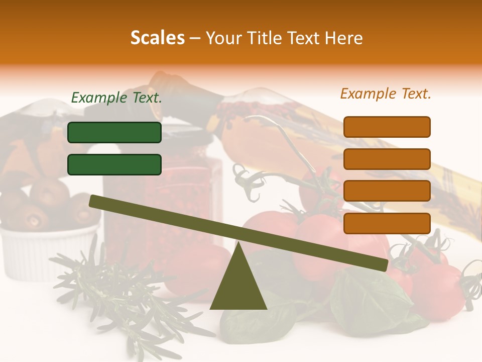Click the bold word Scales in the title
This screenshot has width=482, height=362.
[157, 38]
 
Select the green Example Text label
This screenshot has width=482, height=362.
[116, 98]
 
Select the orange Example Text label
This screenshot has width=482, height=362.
[386, 94]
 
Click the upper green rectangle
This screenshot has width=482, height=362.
[114, 132]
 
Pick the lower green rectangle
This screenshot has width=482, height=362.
[114, 164]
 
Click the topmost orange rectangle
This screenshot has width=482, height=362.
[387, 127]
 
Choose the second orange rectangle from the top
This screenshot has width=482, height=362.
[387, 159]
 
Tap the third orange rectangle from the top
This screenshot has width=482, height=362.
[387, 191]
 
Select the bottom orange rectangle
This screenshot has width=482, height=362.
[387, 223]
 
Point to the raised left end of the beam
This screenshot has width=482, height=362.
[94, 201]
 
